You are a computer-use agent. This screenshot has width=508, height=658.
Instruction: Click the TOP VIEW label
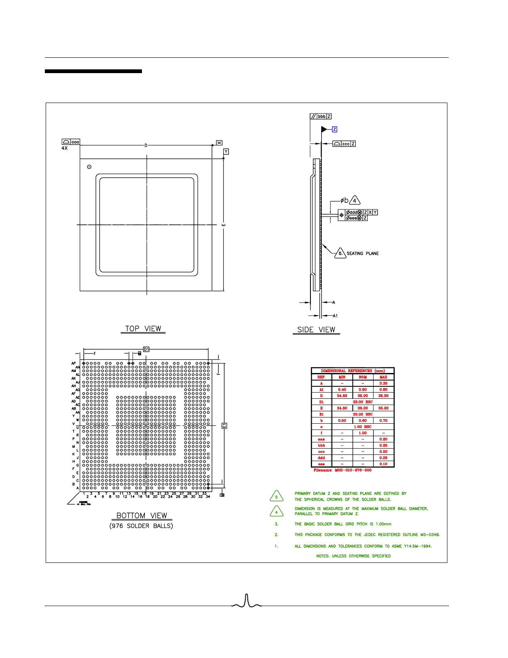click(143, 329)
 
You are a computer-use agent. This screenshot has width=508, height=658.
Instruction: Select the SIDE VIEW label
click(316, 329)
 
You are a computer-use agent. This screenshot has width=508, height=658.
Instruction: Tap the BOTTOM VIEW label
click(142, 516)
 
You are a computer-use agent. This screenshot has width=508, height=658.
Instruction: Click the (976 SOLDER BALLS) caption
click(141, 526)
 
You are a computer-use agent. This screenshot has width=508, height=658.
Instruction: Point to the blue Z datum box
click(335, 130)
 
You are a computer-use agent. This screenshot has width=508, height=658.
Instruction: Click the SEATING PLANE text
click(363, 253)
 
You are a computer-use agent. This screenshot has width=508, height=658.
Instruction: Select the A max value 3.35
click(383, 383)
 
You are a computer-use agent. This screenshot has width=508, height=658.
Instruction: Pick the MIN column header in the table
click(342, 377)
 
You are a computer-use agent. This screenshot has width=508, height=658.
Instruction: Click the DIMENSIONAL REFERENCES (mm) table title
click(353, 371)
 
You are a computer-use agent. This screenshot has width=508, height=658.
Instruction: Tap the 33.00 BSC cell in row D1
click(363, 402)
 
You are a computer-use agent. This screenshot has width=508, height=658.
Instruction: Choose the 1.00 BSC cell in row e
click(363, 427)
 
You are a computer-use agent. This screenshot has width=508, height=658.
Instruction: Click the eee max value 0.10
click(383, 464)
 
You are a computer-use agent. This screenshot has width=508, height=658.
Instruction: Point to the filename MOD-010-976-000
click(342, 470)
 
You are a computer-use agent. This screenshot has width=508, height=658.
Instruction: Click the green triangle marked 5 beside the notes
click(276, 496)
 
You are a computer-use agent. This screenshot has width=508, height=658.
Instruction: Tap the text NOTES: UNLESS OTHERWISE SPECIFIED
click(353, 556)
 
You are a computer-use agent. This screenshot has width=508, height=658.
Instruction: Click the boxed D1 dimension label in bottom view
click(146, 349)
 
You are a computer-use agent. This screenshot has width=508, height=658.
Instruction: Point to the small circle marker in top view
click(89, 167)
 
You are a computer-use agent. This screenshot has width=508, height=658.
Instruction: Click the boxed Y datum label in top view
click(226, 152)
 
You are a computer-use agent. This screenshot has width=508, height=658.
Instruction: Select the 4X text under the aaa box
click(64, 148)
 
